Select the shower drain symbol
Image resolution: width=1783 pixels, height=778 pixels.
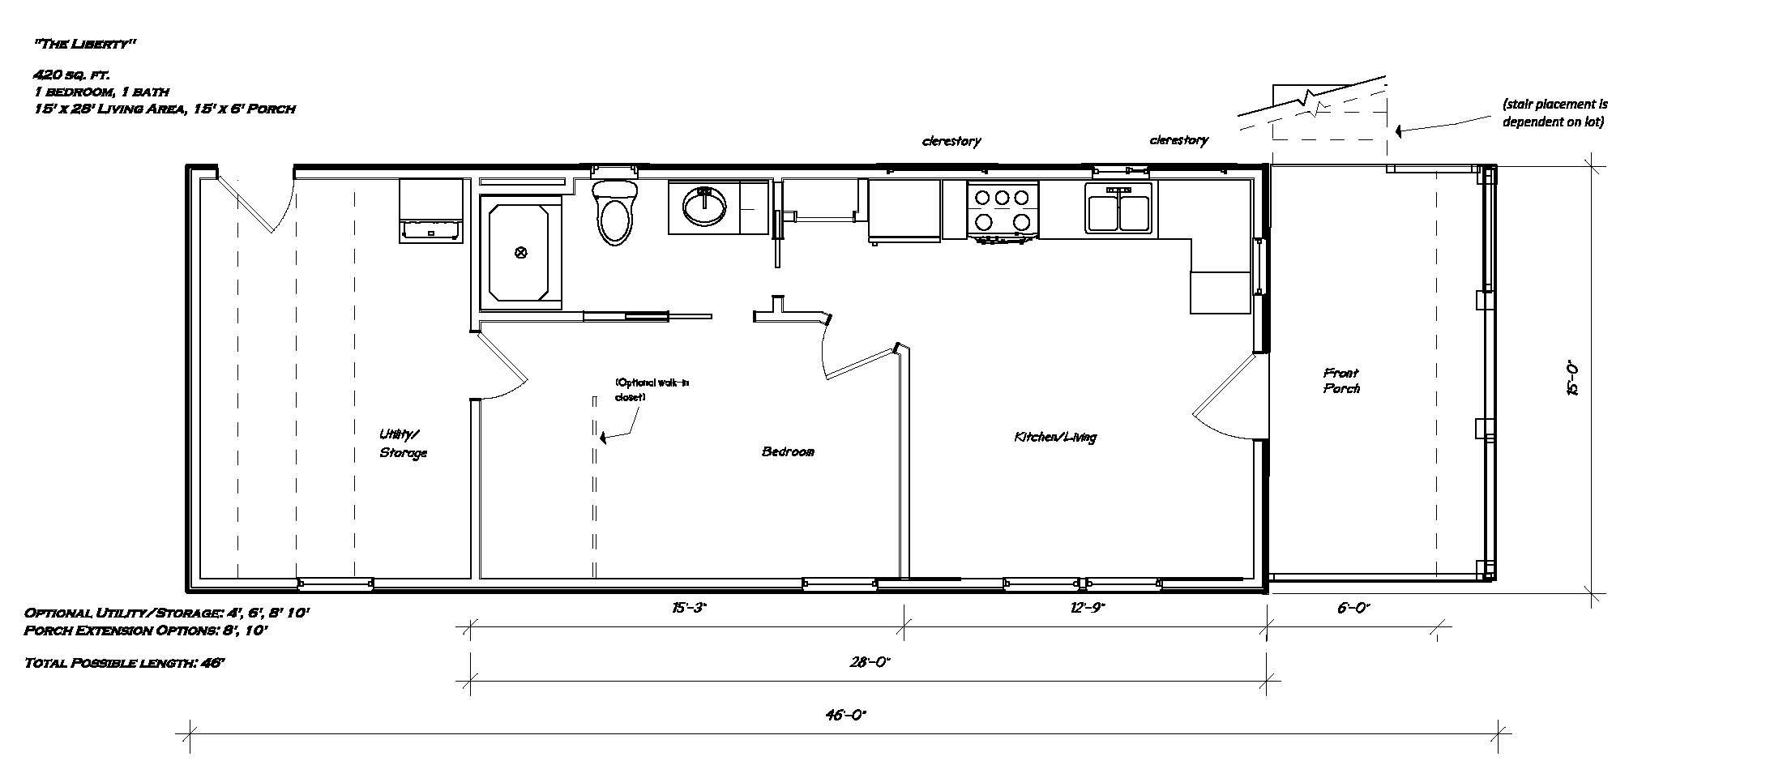(x=521, y=253)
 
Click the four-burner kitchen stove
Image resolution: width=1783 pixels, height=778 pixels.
(x=1003, y=211)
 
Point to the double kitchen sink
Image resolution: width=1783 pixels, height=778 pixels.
(x=1118, y=208)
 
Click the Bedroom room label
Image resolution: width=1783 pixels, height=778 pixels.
(x=788, y=451)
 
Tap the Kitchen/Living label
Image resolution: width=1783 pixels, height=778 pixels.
(x=1055, y=437)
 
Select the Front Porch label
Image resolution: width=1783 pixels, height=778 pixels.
(x=1341, y=380)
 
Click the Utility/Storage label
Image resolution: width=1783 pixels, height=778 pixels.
(x=403, y=443)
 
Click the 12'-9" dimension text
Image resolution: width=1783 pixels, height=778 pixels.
(x=1087, y=607)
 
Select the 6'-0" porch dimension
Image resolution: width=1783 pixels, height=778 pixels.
(x=1353, y=607)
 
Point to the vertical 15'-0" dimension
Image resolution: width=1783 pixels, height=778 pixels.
(x=1573, y=378)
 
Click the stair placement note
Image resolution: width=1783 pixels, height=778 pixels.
(x=1554, y=113)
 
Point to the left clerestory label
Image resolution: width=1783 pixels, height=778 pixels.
(x=951, y=141)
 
